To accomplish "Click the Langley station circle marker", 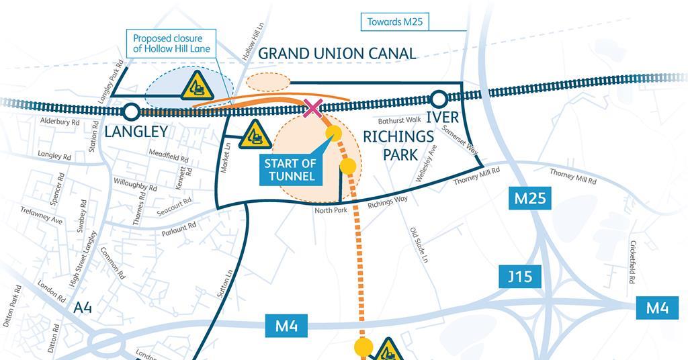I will point(131,111).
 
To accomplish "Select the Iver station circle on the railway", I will point(439,100).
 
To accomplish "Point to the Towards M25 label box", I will point(394,21).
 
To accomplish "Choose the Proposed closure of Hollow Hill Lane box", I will point(171,44).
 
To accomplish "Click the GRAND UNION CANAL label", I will point(337,53).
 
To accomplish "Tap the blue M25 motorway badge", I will point(529,199).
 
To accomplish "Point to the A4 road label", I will point(83,308).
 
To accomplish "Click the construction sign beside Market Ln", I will point(255,135).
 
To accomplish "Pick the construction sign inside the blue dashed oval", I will point(198,87).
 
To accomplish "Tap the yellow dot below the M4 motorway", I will point(363,347).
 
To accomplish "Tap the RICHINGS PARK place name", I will point(398,145).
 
